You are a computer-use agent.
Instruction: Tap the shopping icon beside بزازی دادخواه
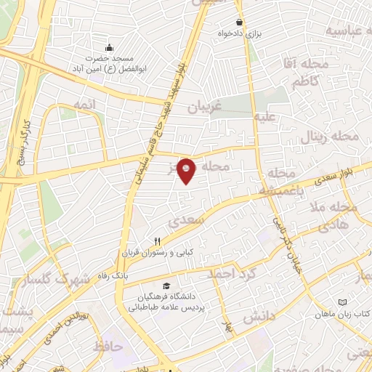tap(239, 23)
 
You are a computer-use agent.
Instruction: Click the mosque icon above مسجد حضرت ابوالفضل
tap(108, 46)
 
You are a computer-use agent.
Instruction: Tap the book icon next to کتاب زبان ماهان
tap(343, 302)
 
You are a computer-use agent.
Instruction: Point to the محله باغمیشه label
tap(280, 182)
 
